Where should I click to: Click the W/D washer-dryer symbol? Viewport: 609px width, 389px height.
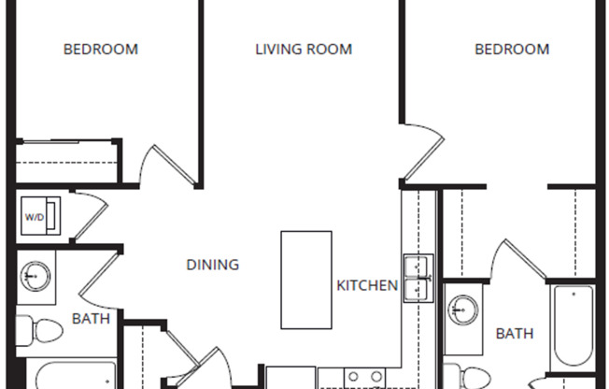click(x=41, y=216)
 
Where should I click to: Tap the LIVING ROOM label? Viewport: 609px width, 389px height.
click(x=304, y=50)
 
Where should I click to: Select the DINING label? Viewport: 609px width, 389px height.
click(x=213, y=265)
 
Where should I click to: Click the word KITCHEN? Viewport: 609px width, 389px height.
click(x=367, y=285)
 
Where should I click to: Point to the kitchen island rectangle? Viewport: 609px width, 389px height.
click(x=306, y=281)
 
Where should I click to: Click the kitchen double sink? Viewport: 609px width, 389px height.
click(x=418, y=278)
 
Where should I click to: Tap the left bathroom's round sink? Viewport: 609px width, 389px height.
click(x=35, y=276)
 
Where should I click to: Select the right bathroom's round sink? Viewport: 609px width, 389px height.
click(x=463, y=310)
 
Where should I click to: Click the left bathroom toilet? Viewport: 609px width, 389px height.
click(x=39, y=331)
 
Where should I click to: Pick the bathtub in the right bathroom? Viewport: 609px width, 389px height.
click(x=574, y=326)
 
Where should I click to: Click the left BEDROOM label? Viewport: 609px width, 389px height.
click(x=101, y=50)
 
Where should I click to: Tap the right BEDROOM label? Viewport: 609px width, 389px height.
click(x=512, y=50)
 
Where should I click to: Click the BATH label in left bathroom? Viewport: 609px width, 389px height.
click(x=92, y=319)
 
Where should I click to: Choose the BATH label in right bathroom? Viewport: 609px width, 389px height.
click(x=515, y=334)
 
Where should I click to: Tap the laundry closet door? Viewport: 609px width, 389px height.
click(x=92, y=216)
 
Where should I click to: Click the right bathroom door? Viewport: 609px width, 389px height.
click(x=519, y=259)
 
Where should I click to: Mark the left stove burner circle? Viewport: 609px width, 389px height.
click(x=353, y=377)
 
